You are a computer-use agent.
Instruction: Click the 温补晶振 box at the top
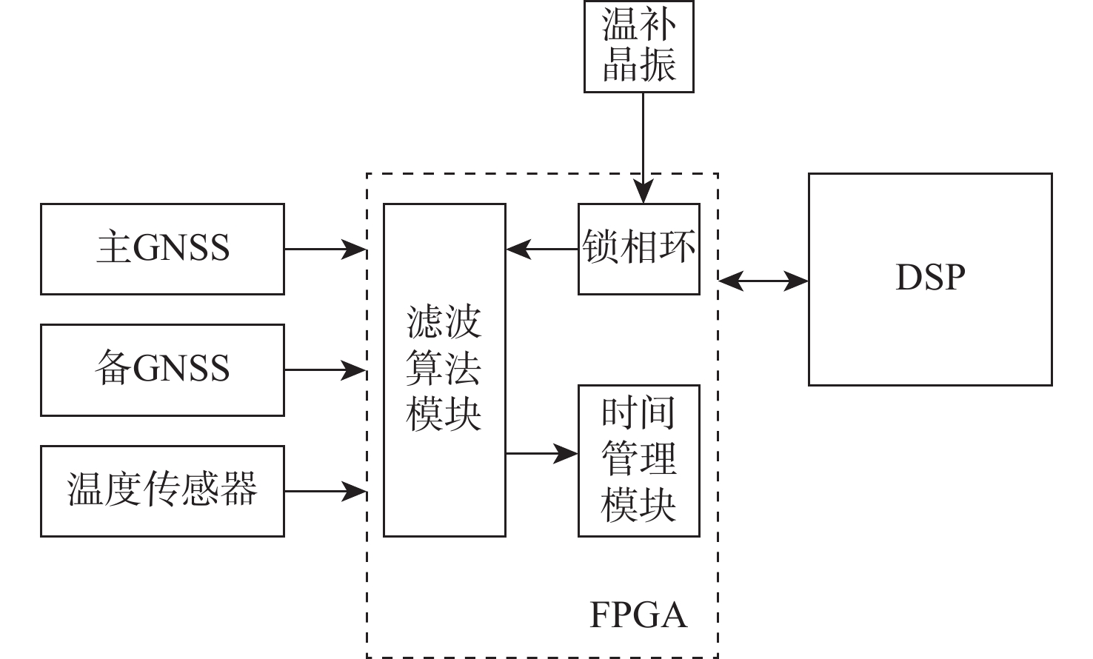[x=638, y=46]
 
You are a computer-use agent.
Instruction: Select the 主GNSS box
[x=162, y=249]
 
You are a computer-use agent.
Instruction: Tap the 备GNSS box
[x=162, y=369]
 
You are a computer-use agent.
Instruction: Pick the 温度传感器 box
[x=162, y=490]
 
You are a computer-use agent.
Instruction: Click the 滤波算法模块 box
[x=444, y=369]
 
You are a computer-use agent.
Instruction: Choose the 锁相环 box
[x=638, y=249]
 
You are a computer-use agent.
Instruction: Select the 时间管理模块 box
[x=638, y=460]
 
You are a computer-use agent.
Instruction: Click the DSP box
[x=929, y=279]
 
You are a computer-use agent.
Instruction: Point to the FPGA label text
[x=638, y=615]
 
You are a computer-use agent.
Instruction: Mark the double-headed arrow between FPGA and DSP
[x=763, y=281]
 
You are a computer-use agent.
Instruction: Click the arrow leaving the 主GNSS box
[x=325, y=250]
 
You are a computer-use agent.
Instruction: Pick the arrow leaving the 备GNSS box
[x=325, y=369]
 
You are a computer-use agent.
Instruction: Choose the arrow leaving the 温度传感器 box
[x=325, y=490]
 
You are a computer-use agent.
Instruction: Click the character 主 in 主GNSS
[x=113, y=248]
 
